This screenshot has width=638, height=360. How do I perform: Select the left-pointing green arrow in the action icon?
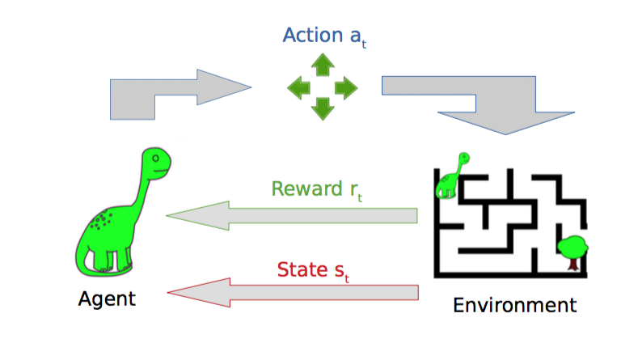coord(299,87)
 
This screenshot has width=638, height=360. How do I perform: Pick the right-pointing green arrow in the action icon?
coord(346,87)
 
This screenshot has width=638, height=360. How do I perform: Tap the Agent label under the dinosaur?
coord(107,299)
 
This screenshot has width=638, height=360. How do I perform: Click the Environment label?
coord(515,305)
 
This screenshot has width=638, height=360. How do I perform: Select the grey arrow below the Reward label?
coord(291,216)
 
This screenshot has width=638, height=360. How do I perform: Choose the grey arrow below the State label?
coord(291,292)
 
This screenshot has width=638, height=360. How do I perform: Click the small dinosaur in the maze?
coord(450,176)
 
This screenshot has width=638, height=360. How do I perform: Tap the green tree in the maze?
coord(573,247)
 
